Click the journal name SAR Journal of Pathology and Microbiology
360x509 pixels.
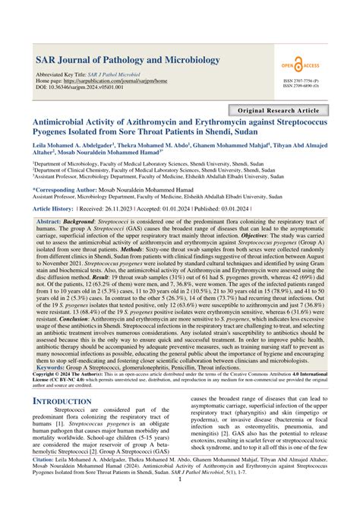[x=124, y=59]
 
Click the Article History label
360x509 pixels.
[x=52, y=207]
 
